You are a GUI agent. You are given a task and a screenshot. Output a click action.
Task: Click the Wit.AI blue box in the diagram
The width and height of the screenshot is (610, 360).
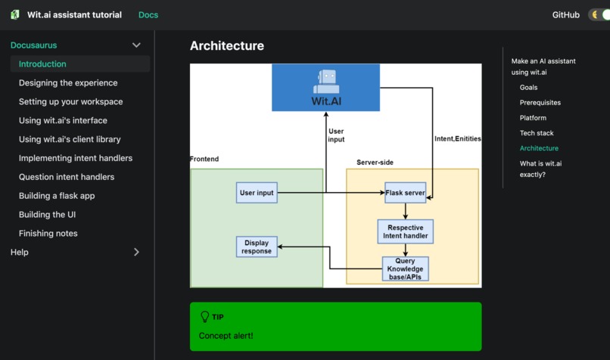pos(325,87)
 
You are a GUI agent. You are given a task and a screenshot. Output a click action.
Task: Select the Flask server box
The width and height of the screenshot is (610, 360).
pos(405,193)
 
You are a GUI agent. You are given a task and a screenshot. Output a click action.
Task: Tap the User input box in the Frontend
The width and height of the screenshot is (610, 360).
pos(257,193)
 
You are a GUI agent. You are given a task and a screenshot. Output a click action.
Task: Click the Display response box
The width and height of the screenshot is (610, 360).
pos(257,247)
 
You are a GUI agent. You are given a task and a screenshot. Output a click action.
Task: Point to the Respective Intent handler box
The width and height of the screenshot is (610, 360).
pos(405,231)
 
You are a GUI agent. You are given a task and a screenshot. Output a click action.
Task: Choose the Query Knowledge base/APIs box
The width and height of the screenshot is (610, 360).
pos(405,268)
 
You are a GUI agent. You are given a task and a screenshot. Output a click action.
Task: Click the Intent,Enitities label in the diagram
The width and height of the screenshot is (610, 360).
pos(457,139)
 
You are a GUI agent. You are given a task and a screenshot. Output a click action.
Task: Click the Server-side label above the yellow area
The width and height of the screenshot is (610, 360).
pos(375,163)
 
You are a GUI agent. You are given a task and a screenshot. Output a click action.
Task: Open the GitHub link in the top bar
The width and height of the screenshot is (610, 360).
pos(566,15)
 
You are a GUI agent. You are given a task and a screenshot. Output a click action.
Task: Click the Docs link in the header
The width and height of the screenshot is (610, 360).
pos(148,15)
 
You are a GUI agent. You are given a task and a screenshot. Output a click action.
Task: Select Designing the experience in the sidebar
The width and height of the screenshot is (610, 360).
pos(68,83)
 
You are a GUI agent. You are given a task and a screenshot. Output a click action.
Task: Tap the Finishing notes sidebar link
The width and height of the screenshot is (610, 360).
pos(48,234)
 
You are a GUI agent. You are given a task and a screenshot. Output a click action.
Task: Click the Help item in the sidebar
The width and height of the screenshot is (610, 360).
pos(20,253)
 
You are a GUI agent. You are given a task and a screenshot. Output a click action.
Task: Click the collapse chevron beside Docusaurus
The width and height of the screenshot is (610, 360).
pos(136,45)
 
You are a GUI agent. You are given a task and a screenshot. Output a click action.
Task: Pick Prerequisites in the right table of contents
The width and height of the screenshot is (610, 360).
pos(540,103)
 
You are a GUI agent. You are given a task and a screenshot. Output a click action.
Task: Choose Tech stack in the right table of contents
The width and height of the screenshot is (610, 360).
pos(537,133)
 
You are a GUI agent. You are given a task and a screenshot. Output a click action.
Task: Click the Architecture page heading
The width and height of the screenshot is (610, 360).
pos(227,46)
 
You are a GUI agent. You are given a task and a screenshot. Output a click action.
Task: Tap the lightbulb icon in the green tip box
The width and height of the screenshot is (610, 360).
pos(204,317)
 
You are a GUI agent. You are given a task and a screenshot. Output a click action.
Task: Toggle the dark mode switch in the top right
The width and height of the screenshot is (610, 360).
pos(599,15)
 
